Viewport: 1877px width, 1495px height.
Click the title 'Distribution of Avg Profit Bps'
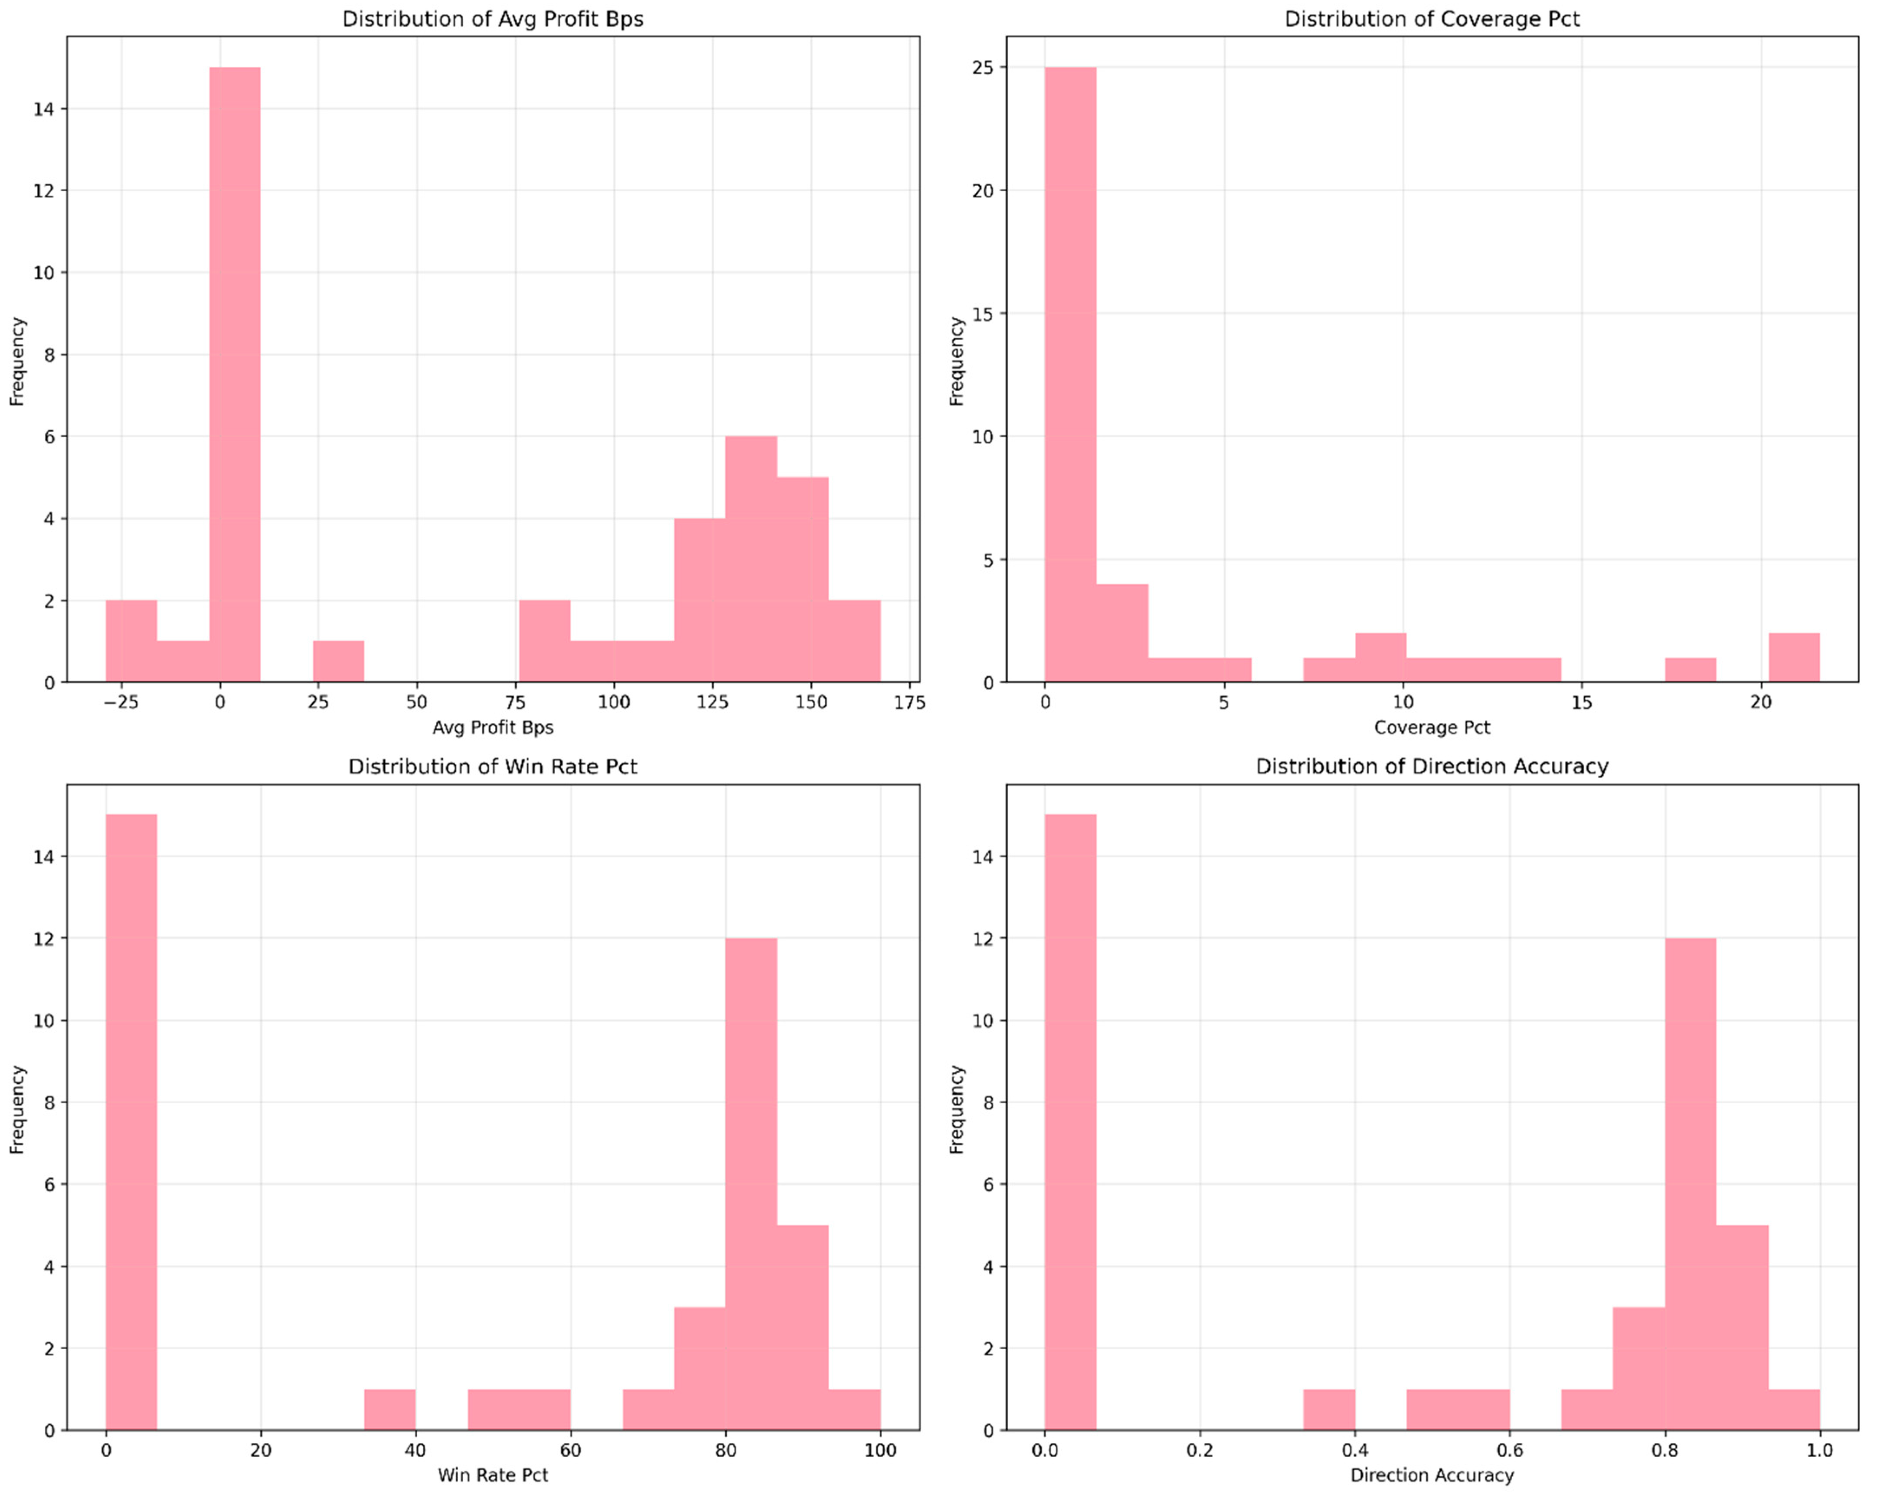(x=493, y=19)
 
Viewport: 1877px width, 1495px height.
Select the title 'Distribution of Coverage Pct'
(x=1432, y=19)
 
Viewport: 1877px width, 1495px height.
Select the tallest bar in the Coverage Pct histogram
(x=1070, y=374)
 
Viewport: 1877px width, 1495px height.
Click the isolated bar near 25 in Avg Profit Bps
(x=339, y=662)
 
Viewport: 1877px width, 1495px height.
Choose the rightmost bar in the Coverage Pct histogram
(x=1794, y=658)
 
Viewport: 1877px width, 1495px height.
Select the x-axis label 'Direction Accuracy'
(x=1432, y=1475)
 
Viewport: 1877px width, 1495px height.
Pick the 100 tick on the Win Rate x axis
(x=880, y=1450)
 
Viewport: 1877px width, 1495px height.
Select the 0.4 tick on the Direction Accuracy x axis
(x=1355, y=1450)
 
